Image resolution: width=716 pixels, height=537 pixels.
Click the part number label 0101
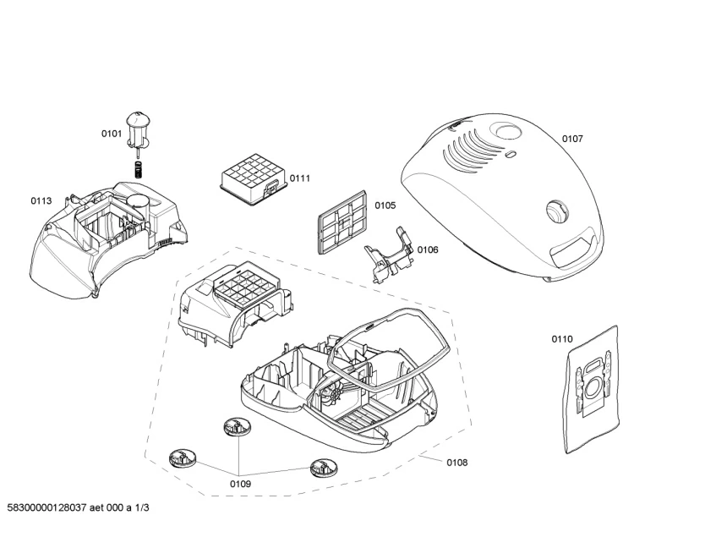(x=112, y=133)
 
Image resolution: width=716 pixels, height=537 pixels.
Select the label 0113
(x=41, y=201)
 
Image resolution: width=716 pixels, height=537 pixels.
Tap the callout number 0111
(x=300, y=178)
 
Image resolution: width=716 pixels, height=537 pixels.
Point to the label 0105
(x=385, y=205)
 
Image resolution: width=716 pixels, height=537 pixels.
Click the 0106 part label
(x=428, y=249)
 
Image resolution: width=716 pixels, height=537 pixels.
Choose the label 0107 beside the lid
(x=572, y=139)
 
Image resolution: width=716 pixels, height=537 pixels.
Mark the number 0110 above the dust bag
(x=562, y=339)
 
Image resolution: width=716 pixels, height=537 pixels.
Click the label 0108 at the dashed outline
(x=456, y=463)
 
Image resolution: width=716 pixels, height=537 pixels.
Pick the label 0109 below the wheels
(x=240, y=484)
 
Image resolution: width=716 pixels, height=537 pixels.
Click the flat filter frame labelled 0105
(x=341, y=222)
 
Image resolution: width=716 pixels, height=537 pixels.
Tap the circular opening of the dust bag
(x=594, y=390)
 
